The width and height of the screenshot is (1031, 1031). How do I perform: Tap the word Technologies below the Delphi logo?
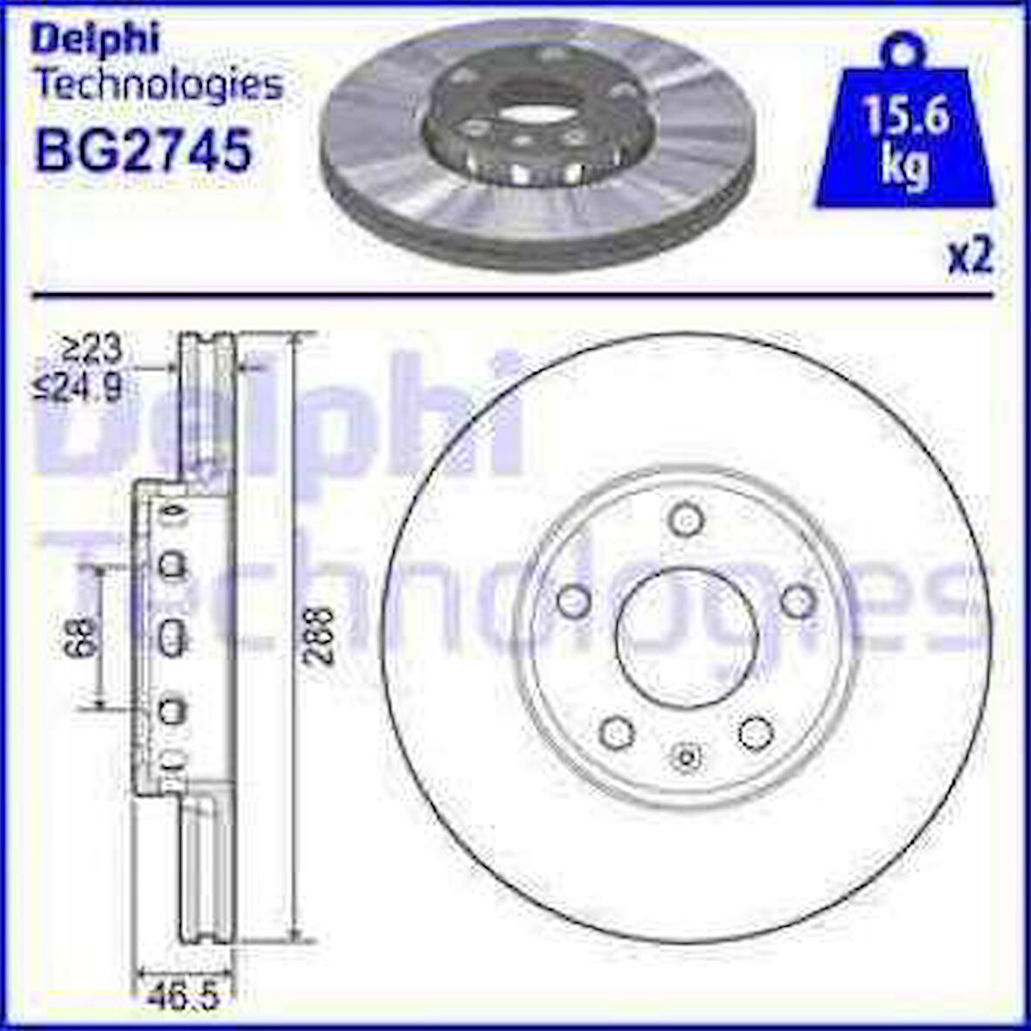pos(157,85)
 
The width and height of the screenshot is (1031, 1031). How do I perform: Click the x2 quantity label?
pos(970,259)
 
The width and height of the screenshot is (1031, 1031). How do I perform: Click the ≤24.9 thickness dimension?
pos(79,385)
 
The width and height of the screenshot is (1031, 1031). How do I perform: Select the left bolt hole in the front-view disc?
pos(573,599)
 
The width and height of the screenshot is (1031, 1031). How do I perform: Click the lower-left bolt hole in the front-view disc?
pos(618,730)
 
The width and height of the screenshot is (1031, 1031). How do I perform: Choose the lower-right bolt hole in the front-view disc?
pos(753,731)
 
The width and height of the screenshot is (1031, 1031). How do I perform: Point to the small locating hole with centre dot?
pos(686,757)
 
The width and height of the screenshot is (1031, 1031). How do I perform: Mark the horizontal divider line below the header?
pos(515,296)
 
